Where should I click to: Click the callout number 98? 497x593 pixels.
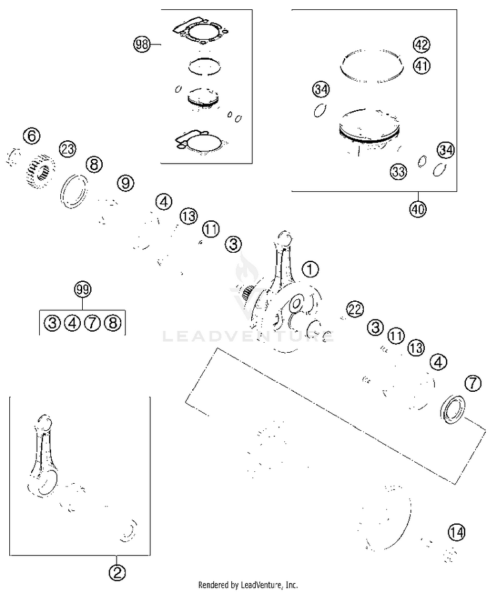(x=141, y=45)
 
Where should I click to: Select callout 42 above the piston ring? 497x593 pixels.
(x=421, y=45)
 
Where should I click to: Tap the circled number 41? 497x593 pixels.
(x=421, y=65)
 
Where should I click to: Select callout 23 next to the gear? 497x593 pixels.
(x=68, y=149)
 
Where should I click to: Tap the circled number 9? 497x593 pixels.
(x=126, y=183)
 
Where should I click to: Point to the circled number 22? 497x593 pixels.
(x=355, y=309)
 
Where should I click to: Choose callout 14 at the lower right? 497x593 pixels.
(x=456, y=531)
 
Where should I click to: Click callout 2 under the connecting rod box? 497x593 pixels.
(x=117, y=571)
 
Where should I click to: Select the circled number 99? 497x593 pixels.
(x=82, y=289)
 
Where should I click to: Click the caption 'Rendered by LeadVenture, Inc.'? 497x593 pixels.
(x=248, y=585)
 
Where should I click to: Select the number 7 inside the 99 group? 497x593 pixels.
(x=92, y=323)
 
